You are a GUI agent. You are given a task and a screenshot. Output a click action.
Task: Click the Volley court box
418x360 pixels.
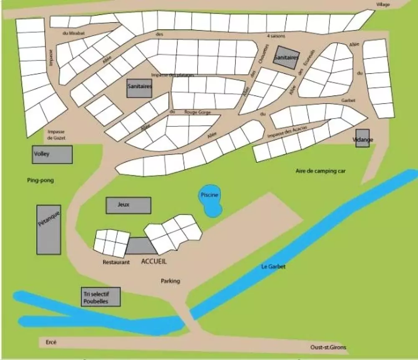52,154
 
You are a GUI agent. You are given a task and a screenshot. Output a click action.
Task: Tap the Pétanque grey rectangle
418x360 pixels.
48,230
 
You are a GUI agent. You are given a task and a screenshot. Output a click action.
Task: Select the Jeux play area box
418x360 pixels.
128,205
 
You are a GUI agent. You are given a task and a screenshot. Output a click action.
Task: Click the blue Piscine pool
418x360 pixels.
210,201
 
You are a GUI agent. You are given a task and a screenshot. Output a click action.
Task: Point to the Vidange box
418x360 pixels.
362,139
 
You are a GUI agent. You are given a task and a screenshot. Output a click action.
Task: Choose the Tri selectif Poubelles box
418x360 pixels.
101,297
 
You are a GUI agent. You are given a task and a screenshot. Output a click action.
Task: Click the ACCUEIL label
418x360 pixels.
154,261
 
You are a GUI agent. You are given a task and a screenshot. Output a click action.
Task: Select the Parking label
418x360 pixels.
170,281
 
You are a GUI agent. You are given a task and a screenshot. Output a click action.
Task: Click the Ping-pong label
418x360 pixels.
40,181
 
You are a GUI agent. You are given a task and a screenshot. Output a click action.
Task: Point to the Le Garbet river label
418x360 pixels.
273,266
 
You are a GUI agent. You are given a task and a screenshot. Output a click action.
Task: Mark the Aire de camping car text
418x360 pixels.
321,171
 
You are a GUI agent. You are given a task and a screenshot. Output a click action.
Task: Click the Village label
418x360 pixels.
383,5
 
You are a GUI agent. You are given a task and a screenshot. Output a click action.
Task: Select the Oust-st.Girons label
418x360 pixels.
329,347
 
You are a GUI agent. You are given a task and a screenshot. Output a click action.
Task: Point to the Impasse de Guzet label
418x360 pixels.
56,134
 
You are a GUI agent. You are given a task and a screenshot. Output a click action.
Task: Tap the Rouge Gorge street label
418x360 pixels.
197,112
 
